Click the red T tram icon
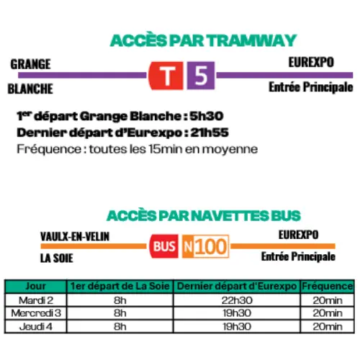coord(167,74)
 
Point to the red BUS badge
coord(163,246)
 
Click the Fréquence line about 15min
coord(137,148)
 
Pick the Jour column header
coord(35,287)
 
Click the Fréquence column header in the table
coord(327,287)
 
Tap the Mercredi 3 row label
coord(35,312)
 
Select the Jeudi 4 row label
coord(35,325)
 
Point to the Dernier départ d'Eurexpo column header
coord(236,287)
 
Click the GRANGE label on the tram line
coord(30,64)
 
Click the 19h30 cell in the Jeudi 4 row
coord(236,325)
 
